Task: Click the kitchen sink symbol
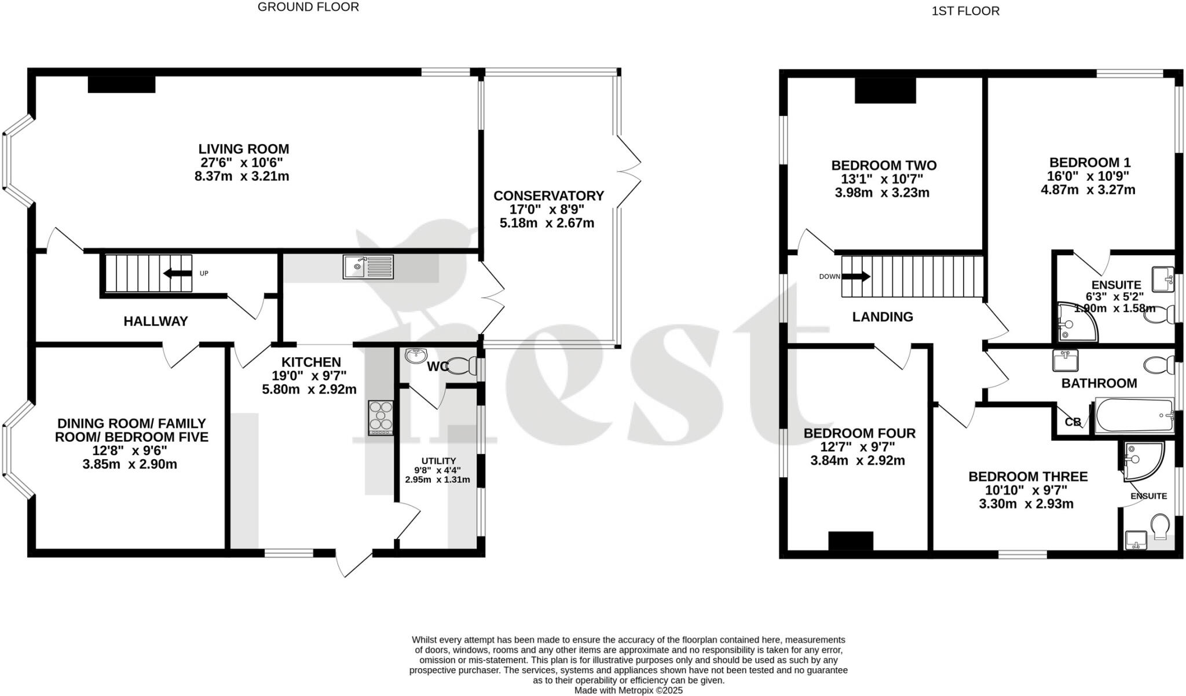click(368, 267)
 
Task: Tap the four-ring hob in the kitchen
click(381, 417)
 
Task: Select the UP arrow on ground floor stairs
click(178, 273)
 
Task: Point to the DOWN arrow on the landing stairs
click(856, 277)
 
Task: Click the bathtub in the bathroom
click(1133, 415)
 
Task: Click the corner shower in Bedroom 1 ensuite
click(1076, 321)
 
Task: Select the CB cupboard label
click(1072, 422)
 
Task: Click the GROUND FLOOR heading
click(308, 7)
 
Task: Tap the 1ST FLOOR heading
click(965, 11)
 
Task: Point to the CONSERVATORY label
click(548, 196)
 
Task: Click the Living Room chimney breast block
click(122, 85)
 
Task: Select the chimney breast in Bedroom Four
click(850, 540)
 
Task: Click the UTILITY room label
click(438, 461)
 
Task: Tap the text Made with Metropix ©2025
click(628, 690)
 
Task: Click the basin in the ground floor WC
click(416, 356)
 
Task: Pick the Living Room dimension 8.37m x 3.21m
click(242, 176)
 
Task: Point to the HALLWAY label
click(156, 321)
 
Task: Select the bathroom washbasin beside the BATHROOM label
click(1065, 361)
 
